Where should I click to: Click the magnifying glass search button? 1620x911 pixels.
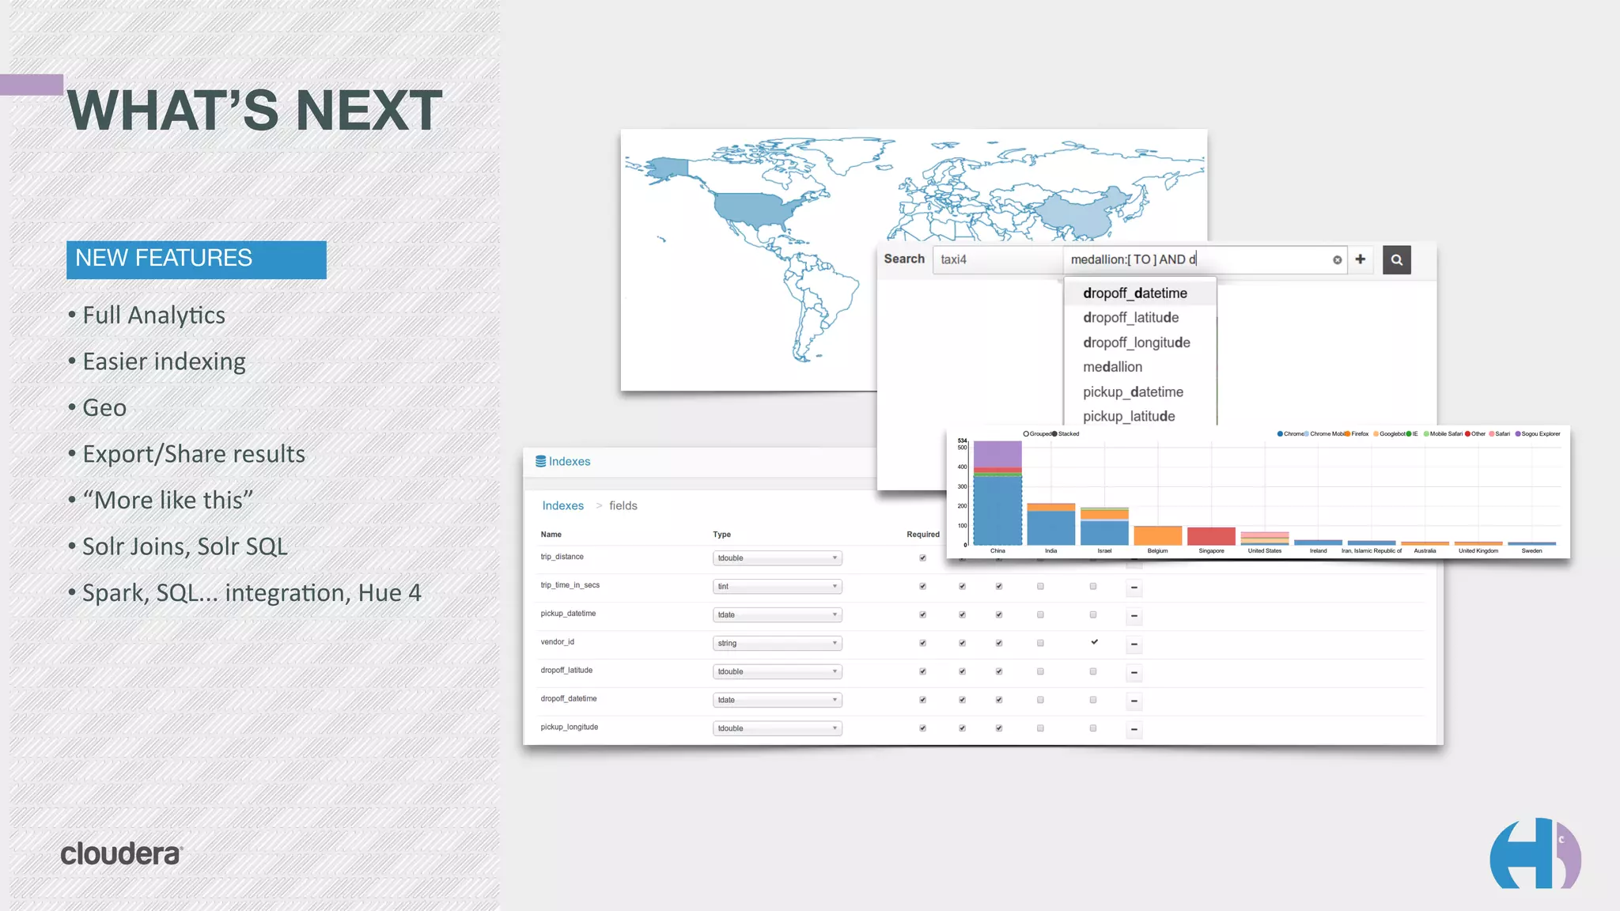coord(1396,259)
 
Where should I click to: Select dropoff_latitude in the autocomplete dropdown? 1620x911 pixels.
coord(1130,318)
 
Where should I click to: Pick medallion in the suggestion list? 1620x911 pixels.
coord(1112,367)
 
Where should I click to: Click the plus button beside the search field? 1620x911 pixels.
coord(1360,259)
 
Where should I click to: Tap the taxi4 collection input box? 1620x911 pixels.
coord(997,259)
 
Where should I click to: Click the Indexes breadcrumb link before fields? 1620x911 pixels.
coord(562,506)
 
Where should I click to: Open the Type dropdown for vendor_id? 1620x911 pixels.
coord(777,644)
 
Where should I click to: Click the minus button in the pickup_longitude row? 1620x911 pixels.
coord(1134,729)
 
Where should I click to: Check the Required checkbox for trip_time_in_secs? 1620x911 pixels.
coord(922,587)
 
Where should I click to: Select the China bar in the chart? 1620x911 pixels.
coord(997,506)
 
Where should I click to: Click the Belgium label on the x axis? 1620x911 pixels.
coord(1157,551)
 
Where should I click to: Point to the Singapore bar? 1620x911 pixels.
coord(1211,536)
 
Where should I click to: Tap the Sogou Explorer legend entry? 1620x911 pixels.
coord(1538,434)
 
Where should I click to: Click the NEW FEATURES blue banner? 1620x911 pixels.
coord(196,259)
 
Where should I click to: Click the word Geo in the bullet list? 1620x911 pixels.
coord(104,408)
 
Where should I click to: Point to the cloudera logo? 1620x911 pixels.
coord(122,854)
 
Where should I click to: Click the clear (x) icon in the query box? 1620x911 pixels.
coord(1337,260)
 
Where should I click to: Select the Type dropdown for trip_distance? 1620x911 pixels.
coord(777,558)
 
